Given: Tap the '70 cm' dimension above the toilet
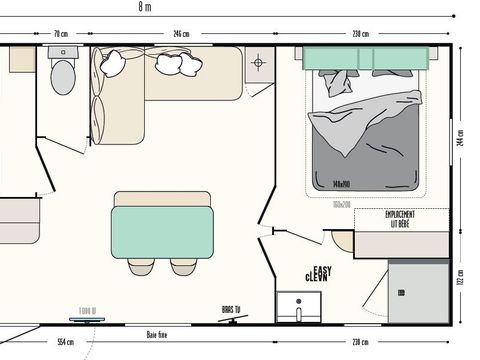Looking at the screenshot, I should (x=61, y=34).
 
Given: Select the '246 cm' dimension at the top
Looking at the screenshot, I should (x=181, y=34).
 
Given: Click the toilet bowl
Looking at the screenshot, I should (x=63, y=76).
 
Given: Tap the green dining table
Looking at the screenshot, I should (x=162, y=231).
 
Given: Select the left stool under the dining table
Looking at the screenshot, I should (x=141, y=265).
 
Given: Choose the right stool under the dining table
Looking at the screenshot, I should (x=183, y=265).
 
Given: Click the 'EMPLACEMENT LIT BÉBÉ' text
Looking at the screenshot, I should (x=400, y=219).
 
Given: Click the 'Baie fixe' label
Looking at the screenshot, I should (x=156, y=335).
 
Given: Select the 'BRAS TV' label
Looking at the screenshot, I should (x=232, y=310).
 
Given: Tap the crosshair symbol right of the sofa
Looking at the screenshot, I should (x=258, y=63).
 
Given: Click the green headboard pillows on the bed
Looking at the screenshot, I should (x=365, y=58).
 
